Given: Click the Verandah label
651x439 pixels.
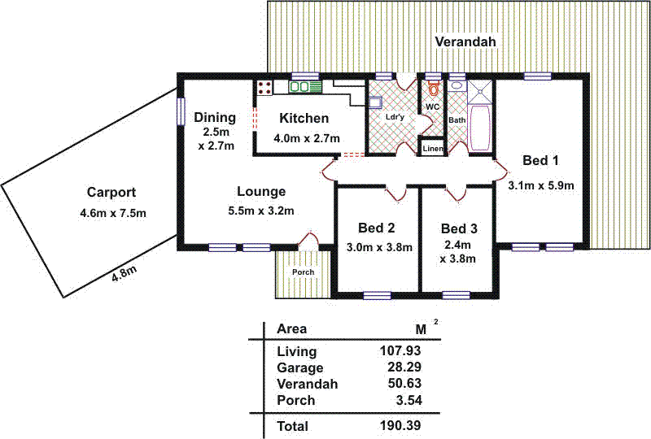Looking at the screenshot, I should (x=465, y=41).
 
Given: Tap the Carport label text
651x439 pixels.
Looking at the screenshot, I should (x=111, y=193).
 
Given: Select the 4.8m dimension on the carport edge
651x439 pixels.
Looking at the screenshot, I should (x=125, y=275).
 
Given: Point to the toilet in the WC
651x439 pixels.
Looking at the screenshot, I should (x=433, y=89).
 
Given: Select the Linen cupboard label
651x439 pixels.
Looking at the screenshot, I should (x=432, y=149).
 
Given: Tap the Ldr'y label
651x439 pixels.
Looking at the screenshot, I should (x=395, y=117).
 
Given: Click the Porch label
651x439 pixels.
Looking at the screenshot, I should (x=304, y=272).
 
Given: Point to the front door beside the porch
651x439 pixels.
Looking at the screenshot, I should (x=308, y=241).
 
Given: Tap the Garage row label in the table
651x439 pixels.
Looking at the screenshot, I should (x=299, y=368).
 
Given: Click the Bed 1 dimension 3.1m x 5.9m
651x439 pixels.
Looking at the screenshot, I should (x=541, y=185).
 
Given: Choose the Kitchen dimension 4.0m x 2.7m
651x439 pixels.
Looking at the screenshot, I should (x=306, y=138).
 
